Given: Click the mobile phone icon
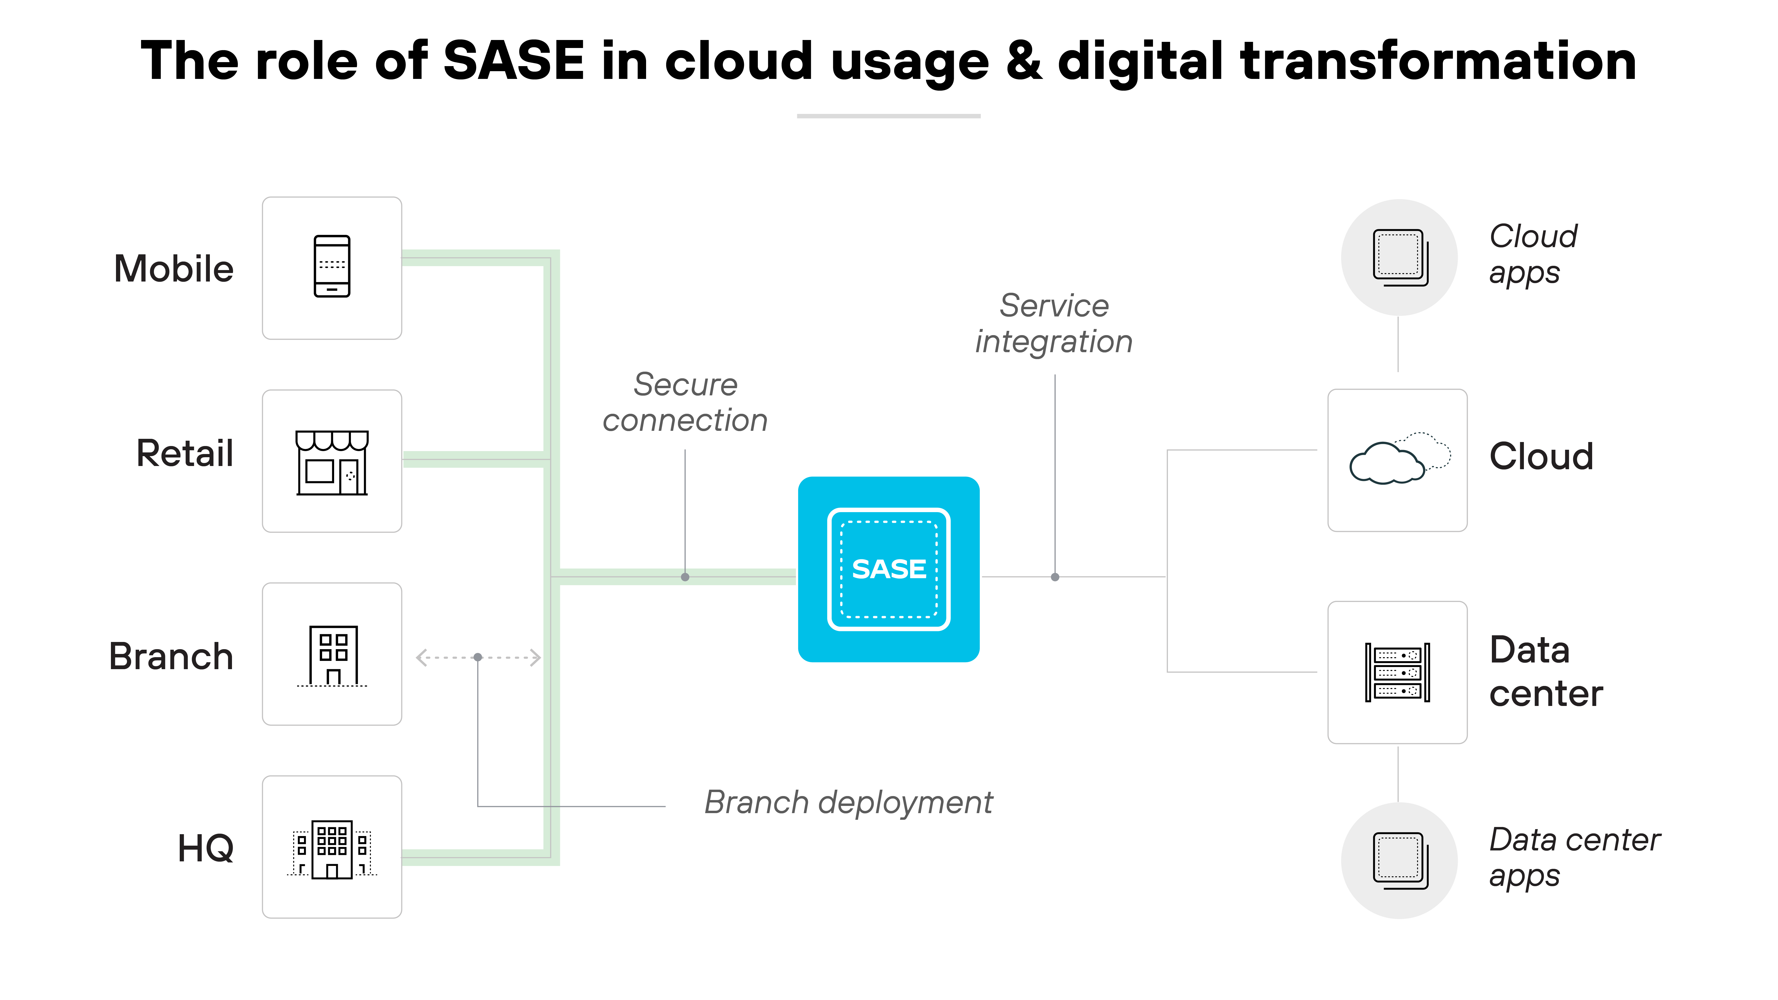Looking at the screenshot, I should [332, 266].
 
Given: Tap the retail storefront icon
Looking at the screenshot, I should [332, 462].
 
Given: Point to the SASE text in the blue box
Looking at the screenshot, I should [888, 569].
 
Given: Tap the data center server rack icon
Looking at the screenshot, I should [1397, 672].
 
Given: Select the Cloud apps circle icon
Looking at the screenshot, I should [1399, 258].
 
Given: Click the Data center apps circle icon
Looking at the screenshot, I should [1399, 861].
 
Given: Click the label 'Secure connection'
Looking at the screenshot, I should [685, 402].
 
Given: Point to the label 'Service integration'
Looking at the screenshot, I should [1054, 324].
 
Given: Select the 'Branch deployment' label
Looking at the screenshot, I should [848, 803].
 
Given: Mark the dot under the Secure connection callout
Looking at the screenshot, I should [685, 577].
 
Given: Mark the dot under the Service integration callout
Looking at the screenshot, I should [1055, 577].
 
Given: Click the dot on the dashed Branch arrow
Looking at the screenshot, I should [478, 657].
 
